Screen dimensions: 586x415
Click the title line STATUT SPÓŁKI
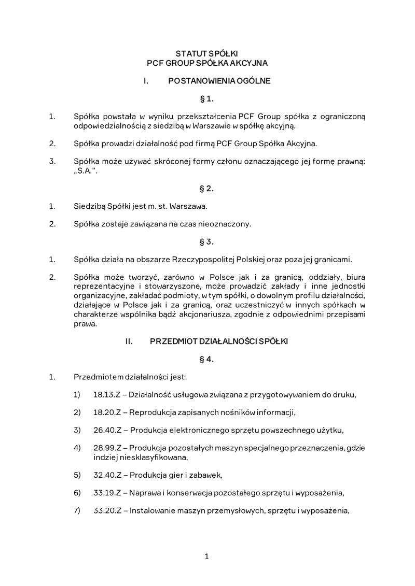click(206, 53)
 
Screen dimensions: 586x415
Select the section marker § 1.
click(206, 98)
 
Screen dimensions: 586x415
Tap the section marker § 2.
click(206, 189)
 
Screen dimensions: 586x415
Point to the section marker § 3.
click(206, 241)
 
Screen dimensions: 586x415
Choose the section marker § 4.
click(206, 359)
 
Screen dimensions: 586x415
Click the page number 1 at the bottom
click(206, 557)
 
